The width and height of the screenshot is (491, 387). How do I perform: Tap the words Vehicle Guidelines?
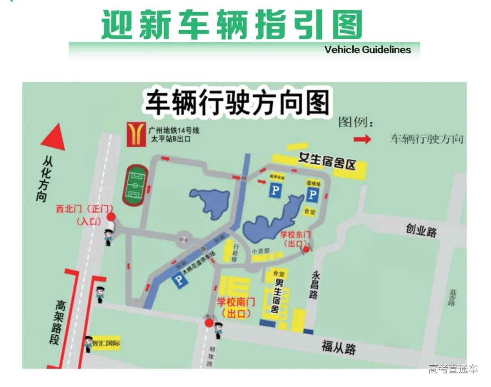(367, 50)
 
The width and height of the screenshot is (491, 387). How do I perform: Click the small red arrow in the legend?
(362, 139)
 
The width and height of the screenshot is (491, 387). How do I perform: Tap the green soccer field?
(134, 186)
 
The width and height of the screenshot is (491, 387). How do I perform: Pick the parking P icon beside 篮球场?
(312, 196)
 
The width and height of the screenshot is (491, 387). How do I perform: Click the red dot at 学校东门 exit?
(306, 249)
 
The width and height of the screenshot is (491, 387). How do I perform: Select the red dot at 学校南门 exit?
(209, 323)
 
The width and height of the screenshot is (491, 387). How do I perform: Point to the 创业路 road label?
(421, 230)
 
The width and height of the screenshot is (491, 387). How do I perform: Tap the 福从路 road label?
(339, 348)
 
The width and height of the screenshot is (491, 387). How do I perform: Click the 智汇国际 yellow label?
(106, 343)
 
